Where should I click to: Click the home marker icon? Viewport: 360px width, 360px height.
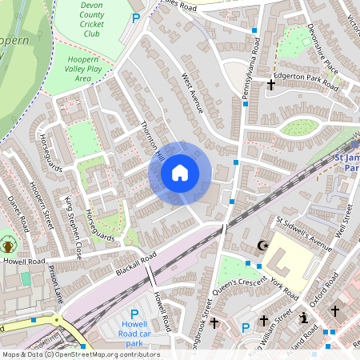point(180,173)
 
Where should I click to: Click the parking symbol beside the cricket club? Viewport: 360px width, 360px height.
point(135,18)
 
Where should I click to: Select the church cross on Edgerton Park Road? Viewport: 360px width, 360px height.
point(271,83)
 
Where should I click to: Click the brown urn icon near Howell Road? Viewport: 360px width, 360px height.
point(9,243)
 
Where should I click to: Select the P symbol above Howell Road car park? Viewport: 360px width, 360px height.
point(134,315)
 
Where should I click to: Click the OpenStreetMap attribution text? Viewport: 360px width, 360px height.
point(80,354)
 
